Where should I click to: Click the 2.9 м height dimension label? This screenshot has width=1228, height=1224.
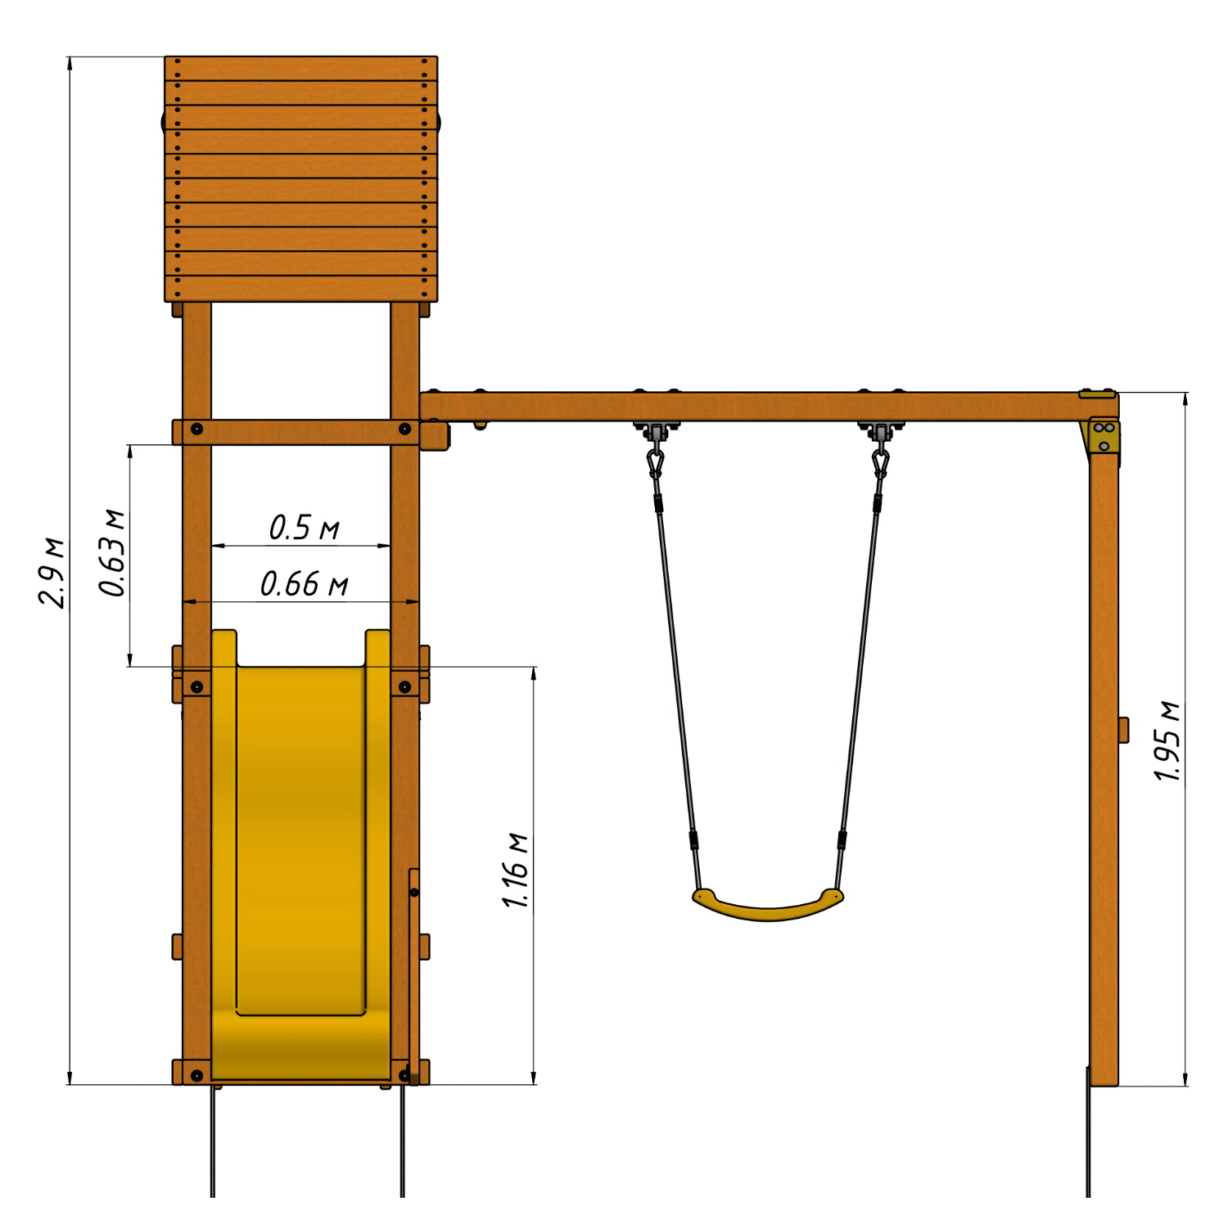point(52,573)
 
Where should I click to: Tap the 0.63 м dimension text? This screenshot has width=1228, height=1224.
point(112,553)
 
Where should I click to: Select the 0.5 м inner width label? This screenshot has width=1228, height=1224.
point(304,528)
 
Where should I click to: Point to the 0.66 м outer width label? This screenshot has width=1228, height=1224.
point(304,584)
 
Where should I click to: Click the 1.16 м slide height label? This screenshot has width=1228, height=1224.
point(516,871)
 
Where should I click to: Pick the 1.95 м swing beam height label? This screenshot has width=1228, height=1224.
point(1167,741)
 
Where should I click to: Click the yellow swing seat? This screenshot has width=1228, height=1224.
point(767,905)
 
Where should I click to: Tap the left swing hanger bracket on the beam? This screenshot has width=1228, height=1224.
point(655,430)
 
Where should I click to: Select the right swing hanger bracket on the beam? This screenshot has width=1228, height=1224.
point(880,430)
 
